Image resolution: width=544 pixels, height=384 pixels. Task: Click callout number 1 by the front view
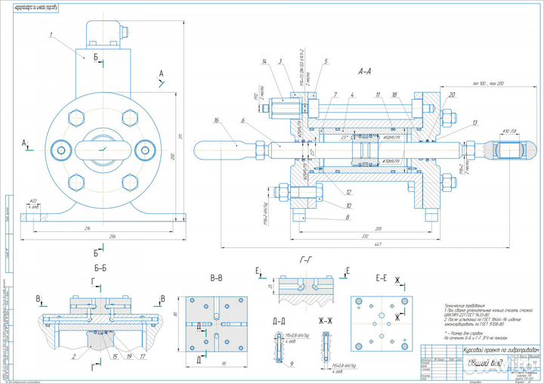click(x=51, y=34)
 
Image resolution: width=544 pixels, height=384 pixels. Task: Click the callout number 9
click(x=292, y=364)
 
